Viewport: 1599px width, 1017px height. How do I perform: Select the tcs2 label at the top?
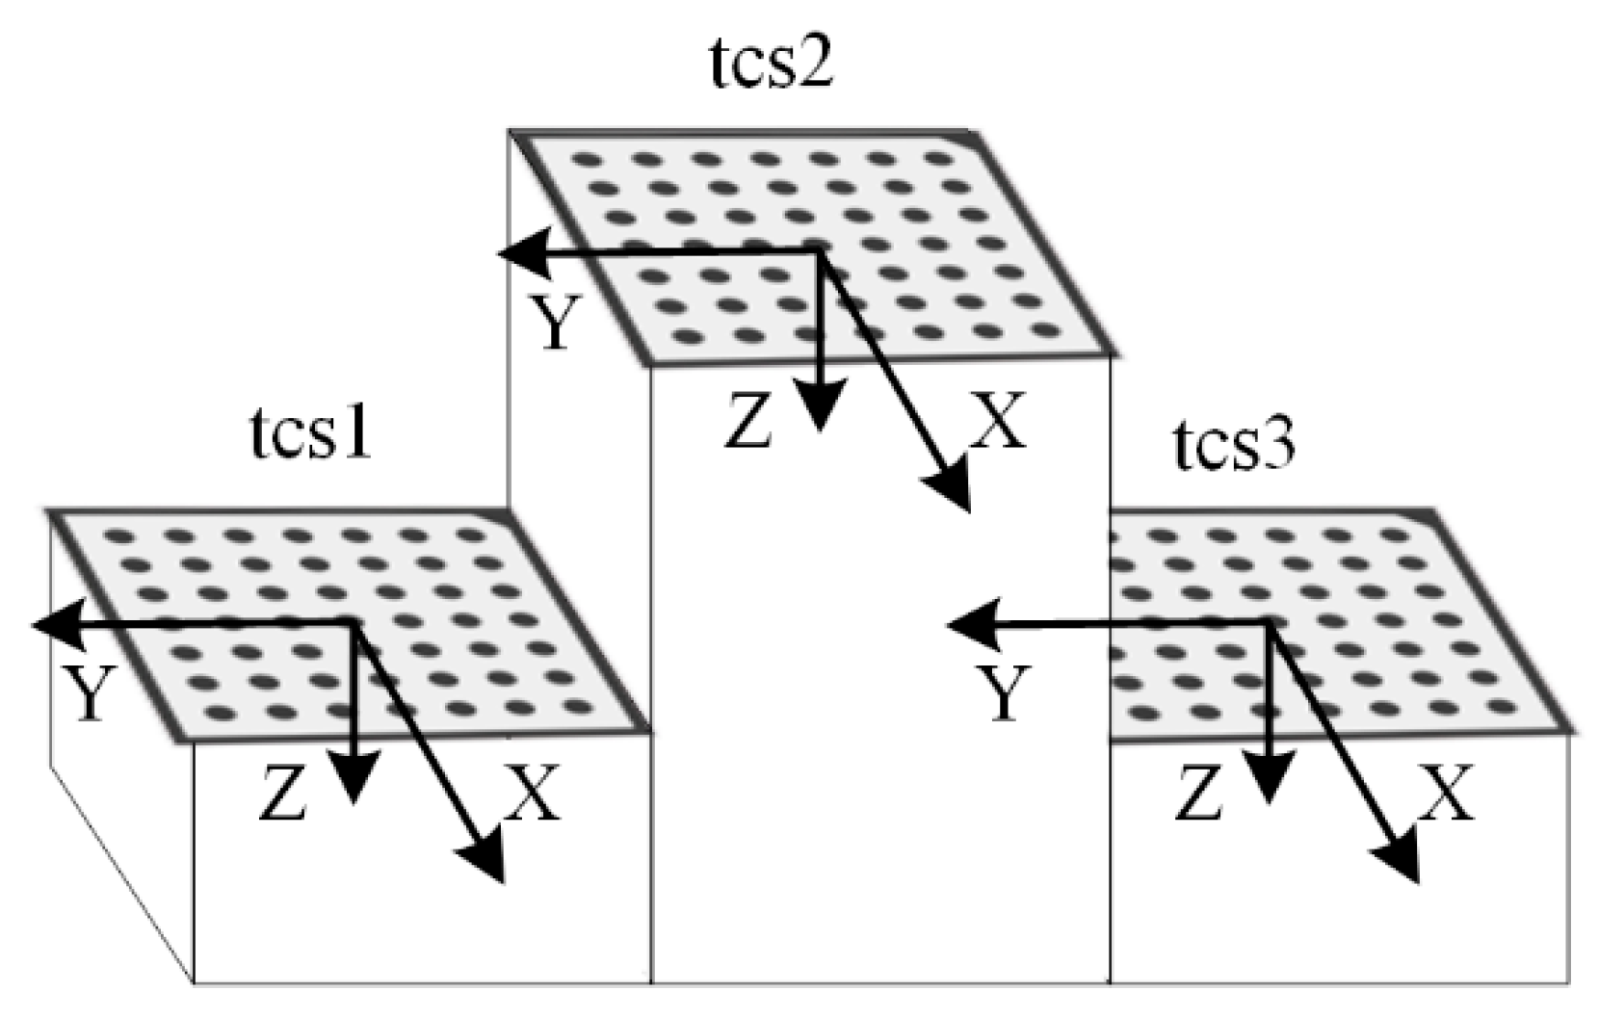pyautogui.click(x=770, y=66)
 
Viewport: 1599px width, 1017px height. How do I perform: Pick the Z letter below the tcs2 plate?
pyautogui.click(x=748, y=424)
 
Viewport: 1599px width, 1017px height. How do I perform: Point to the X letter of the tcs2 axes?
pyautogui.click(x=998, y=421)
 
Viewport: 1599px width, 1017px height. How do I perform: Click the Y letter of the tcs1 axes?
pyautogui.click(x=90, y=693)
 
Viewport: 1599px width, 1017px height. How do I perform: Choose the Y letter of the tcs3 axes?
pyautogui.click(x=1005, y=693)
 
